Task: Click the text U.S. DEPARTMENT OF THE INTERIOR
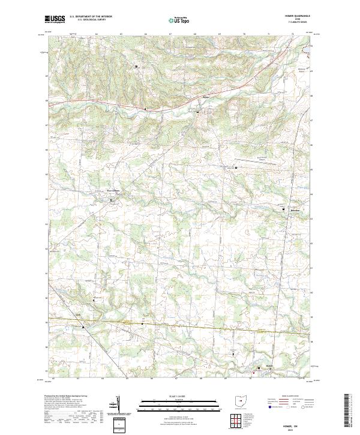pyautogui.click(x=91, y=17)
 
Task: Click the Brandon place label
pyautogui.click(x=291, y=212)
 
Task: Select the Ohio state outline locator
pyautogui.click(x=241, y=401)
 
